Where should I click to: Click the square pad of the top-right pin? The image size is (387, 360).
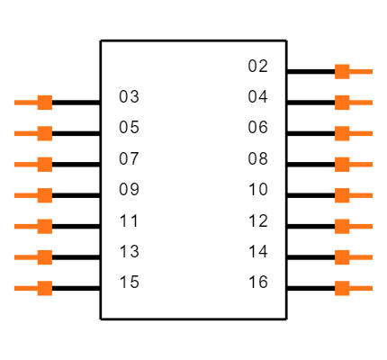(342, 71)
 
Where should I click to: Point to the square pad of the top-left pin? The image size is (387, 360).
(44, 103)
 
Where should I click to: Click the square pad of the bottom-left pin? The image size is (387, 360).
(44, 288)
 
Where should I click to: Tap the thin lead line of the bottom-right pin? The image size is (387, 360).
(362, 288)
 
